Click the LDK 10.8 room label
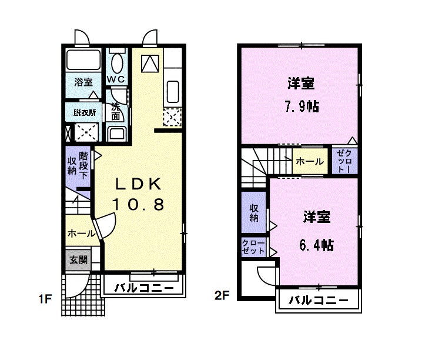coord(138,194)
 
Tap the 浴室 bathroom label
coord(83,82)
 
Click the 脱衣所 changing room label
coord(85,112)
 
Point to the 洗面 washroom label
coord(116,111)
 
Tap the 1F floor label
coord(46,298)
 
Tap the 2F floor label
coord(222,296)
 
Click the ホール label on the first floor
coord(81,234)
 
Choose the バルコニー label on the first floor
coord(143,288)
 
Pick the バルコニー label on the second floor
coord(318,301)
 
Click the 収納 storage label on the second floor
coord(254,213)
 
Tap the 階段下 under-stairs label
coord(83,165)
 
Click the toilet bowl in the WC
coord(118,62)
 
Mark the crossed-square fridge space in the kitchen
coord(173,118)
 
